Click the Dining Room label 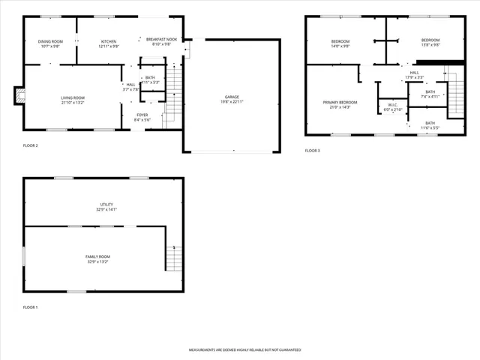pos(51,41)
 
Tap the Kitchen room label pos(109,41)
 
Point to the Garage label pos(232,97)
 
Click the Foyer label pos(142,115)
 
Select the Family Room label pos(97,256)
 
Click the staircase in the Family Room pos(174,258)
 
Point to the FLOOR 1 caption pos(30,307)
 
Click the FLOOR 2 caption pos(30,145)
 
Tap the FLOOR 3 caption pos(312,151)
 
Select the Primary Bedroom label pos(340,102)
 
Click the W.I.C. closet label pos(393,105)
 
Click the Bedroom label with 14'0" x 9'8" pos(340,40)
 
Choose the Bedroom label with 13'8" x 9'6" pos(430,40)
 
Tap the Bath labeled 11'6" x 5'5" pos(430,123)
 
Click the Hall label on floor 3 pos(415,72)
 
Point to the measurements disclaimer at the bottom pos(244,350)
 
